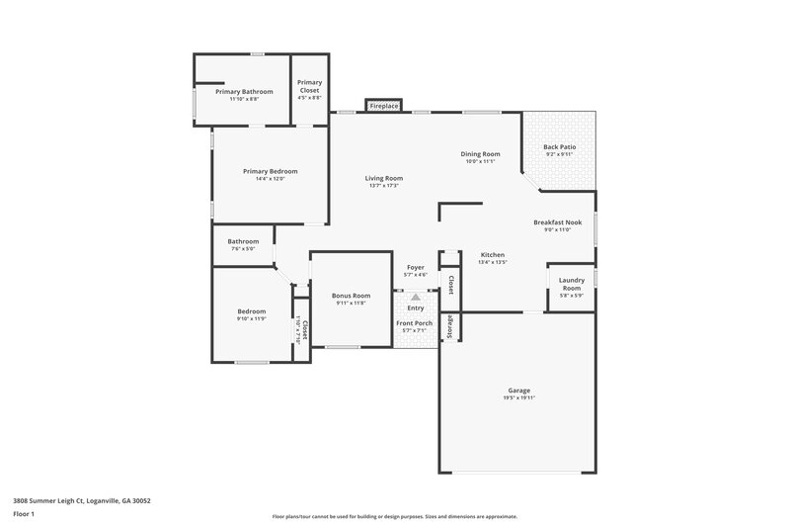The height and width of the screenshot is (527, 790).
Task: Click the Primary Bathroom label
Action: (x=244, y=91)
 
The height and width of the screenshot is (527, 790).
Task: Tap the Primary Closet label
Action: (x=309, y=86)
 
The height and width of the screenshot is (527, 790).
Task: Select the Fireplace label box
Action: (x=383, y=105)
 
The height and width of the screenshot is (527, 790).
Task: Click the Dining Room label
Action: (x=481, y=153)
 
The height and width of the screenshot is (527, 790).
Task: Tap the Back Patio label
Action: (x=559, y=146)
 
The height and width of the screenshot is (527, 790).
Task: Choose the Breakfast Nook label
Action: (x=557, y=221)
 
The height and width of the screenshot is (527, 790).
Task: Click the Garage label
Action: (x=517, y=390)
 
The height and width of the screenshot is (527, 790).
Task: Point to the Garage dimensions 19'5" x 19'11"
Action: (x=517, y=397)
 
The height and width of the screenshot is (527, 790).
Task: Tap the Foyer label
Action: (x=416, y=267)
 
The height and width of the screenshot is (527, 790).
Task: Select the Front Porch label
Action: (x=415, y=323)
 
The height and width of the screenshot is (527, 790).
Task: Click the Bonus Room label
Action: (x=351, y=296)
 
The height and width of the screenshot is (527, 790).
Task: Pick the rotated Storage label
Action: (x=450, y=325)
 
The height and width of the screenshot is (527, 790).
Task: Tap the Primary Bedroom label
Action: (x=270, y=171)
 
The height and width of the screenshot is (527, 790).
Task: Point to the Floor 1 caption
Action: (x=24, y=515)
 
